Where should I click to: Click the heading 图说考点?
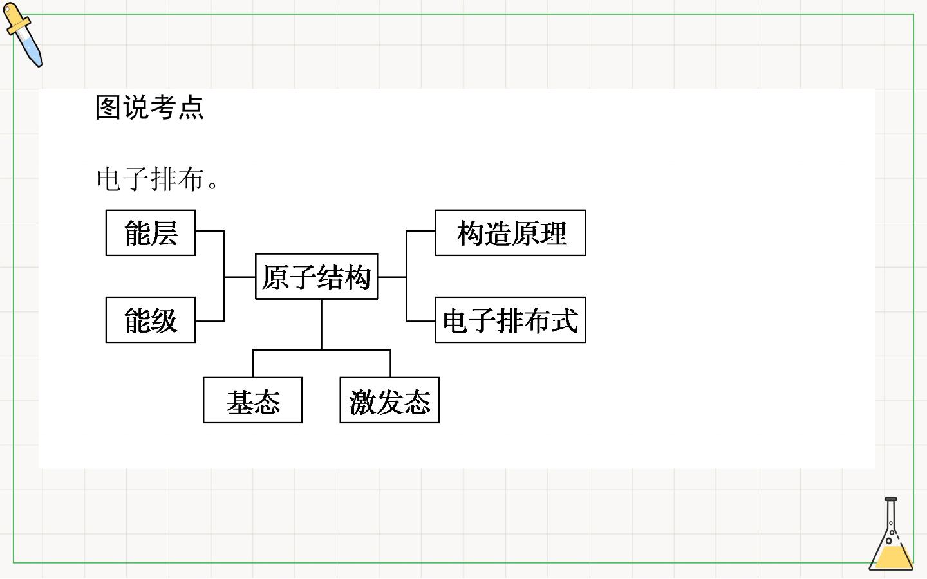150,107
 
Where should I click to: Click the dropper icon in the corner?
23,34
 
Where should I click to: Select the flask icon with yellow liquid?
891,533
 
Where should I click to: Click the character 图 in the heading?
108,107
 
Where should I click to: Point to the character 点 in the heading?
191,107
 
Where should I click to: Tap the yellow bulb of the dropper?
14,17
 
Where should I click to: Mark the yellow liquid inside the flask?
892,557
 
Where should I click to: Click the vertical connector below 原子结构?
322,324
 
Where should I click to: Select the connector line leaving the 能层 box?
210,231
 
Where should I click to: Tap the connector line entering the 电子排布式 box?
421,321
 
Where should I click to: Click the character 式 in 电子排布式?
565,320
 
